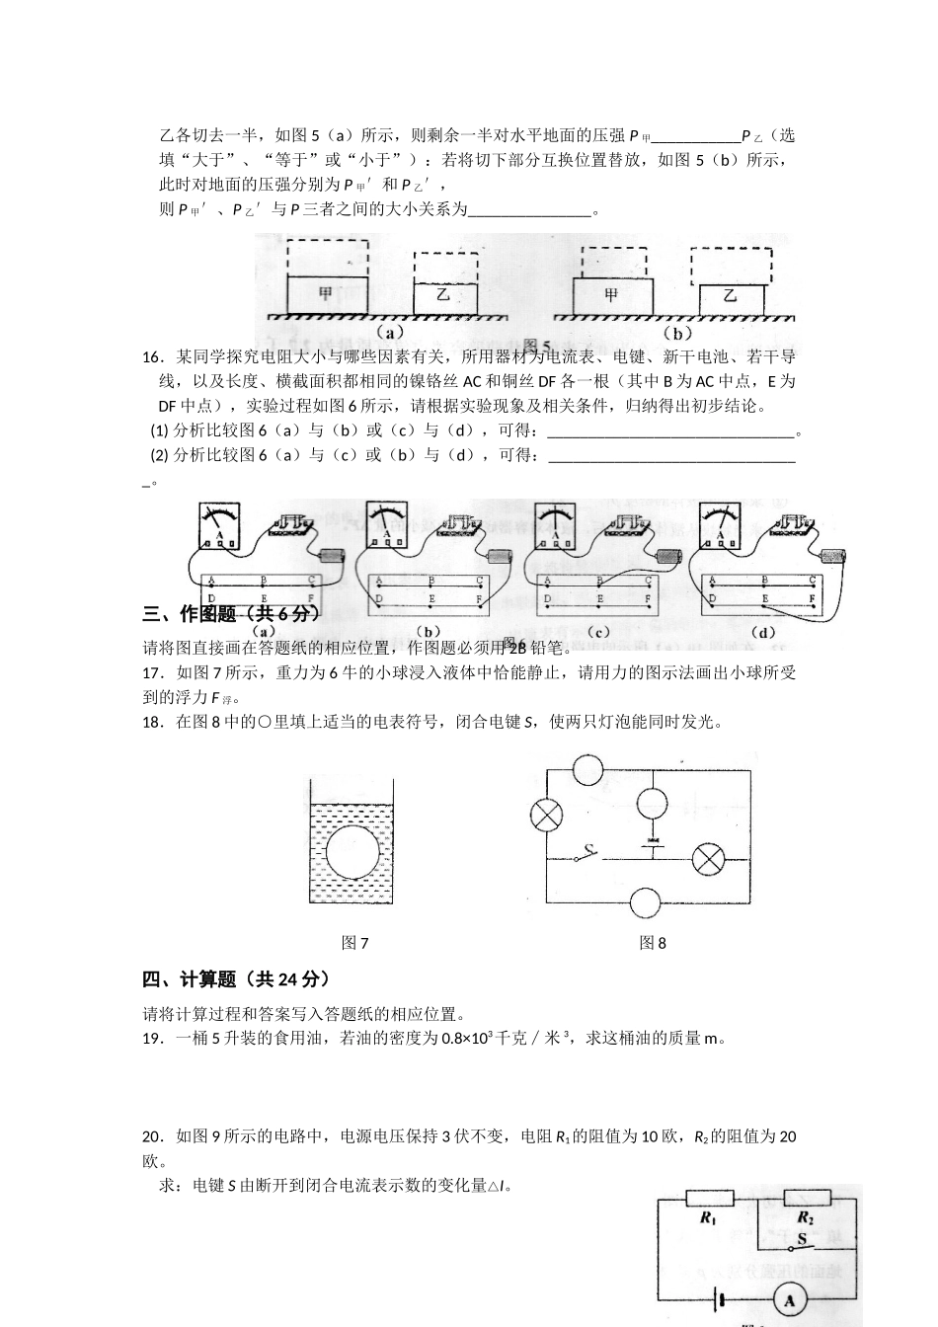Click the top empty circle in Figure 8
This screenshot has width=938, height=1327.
coord(587,769)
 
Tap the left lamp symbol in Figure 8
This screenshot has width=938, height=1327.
coord(546,815)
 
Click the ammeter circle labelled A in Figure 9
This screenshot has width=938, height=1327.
coord(790,1302)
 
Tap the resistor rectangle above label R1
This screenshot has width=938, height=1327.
coord(708,1199)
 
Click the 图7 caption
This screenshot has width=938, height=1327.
coord(354,943)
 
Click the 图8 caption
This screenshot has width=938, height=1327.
coord(653,943)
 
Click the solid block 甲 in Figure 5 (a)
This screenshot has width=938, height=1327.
coord(327,295)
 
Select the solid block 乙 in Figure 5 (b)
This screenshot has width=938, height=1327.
coord(731,299)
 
